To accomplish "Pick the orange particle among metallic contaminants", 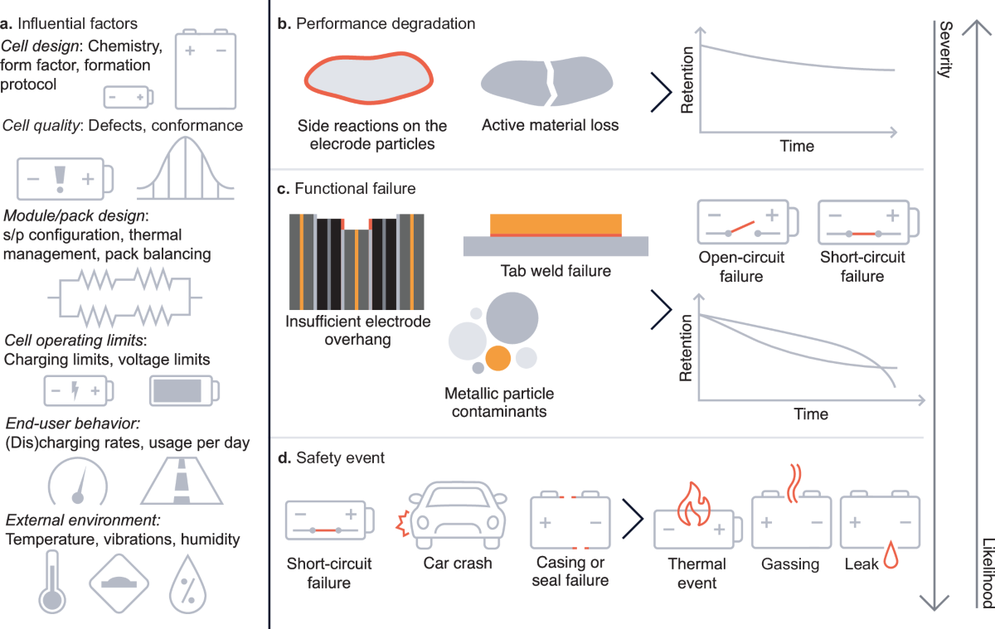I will (498, 357).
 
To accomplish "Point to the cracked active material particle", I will (546, 85).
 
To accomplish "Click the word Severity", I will (944, 50).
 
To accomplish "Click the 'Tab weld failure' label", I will (555, 271).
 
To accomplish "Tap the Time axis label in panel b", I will (796, 146).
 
